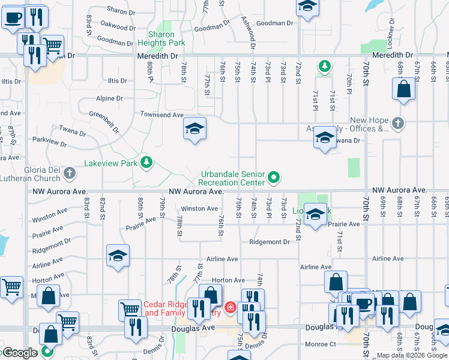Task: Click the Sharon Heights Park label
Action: pos(161,38)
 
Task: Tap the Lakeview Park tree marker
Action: pos(145,162)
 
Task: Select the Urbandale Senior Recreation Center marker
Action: pos(274,177)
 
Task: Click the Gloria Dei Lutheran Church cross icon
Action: pos(70,174)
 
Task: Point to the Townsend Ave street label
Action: pos(161,115)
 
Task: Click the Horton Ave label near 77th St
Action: pos(229,280)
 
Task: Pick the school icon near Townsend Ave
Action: pos(194,128)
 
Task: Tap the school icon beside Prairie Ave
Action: pos(315,215)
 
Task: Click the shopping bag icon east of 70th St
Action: pos(404,89)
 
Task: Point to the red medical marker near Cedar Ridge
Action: pos(230,308)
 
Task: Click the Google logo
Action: pos(20,353)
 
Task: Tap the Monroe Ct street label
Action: pos(320,344)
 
